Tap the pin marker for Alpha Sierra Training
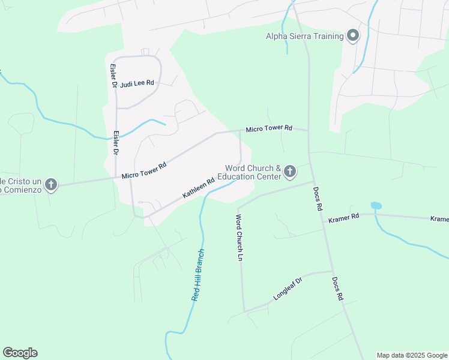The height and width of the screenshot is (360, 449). click(353, 36)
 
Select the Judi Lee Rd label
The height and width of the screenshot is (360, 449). click(137, 83)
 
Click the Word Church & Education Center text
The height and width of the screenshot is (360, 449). click(253, 173)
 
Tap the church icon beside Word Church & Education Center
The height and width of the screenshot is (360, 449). click(290, 172)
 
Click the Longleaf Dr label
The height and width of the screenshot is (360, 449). click(290, 288)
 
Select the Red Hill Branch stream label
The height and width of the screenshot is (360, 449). click(198, 274)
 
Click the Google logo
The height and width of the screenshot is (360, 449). click(20, 353)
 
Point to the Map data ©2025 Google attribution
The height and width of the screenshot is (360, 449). click(412, 355)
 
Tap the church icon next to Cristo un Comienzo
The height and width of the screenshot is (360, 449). click(51, 185)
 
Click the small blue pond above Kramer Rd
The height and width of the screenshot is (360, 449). click(376, 206)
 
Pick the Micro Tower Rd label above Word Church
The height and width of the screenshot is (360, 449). click(268, 128)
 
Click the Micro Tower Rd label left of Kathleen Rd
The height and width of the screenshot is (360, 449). click(143, 172)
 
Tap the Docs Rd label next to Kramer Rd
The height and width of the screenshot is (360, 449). click(318, 197)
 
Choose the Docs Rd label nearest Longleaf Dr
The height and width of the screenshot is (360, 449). click(337, 289)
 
